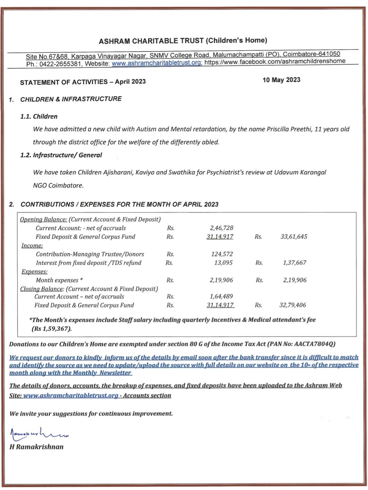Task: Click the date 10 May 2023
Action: coord(281,80)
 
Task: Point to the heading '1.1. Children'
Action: coord(39,116)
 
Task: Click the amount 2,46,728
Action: coord(221,228)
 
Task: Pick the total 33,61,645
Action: coord(293,237)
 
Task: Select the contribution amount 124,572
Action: coord(222,254)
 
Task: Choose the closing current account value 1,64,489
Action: coord(221,297)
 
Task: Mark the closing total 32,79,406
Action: coord(293,305)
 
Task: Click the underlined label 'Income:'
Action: coord(29,245)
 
